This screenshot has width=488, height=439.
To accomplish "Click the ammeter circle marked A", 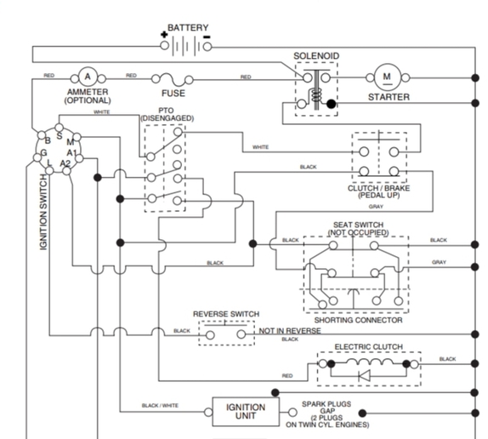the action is pos(88,77).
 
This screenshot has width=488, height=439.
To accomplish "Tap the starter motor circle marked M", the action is pos(387,77).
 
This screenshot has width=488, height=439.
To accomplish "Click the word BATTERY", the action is pos(188,28).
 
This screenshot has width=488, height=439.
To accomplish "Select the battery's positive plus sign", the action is pos(164,35).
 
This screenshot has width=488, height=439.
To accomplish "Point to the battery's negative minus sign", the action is pos(207,37).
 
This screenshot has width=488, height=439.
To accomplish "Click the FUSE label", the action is pos(173,93).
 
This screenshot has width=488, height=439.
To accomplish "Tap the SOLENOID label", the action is pos(316,56).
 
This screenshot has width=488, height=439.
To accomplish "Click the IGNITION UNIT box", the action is pos(246,412).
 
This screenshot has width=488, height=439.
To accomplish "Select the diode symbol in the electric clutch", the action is pos(364,376).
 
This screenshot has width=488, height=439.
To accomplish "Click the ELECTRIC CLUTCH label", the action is pos(368,347).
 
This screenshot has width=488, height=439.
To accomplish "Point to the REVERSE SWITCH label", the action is pos(226,314).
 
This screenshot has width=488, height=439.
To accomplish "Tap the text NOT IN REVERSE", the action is pos(290,331).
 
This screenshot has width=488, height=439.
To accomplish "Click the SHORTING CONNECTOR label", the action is pos(358,320).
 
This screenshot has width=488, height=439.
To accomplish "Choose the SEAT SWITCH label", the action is pos(358,225).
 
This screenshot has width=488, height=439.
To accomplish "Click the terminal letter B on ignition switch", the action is pos(48,140).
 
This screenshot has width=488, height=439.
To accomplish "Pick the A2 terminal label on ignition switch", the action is pos(65,163).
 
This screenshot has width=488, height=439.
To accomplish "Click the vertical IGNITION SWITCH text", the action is pos(43,213).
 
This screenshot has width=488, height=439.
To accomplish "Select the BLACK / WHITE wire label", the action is pos(160,405).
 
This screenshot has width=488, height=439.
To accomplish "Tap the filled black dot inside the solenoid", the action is pos(332,104).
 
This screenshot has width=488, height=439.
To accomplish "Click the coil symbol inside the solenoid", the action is pos(316,95).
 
